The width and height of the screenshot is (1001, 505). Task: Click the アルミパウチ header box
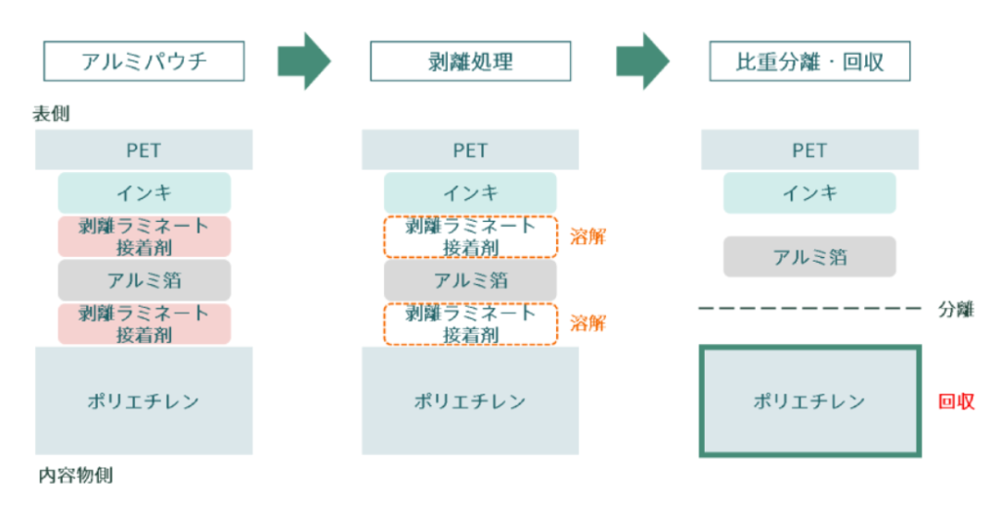point(144,63)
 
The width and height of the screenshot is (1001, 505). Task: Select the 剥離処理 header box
point(469,63)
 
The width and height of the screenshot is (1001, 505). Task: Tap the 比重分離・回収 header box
point(809,63)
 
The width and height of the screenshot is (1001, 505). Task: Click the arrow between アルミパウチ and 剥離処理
point(304,62)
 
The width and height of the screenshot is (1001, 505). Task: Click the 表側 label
point(51,114)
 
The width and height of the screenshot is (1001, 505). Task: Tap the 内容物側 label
point(75,477)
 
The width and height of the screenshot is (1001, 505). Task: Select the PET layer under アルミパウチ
point(144,150)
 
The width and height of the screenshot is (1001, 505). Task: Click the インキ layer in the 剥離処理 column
point(469,192)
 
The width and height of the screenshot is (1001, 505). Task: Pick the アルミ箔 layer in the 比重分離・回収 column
point(809,257)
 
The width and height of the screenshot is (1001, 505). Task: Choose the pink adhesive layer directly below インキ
point(144,236)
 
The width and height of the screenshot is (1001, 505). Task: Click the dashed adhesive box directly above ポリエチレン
point(469,324)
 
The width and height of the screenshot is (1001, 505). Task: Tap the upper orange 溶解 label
point(588,235)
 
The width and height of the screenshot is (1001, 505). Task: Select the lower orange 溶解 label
point(588,323)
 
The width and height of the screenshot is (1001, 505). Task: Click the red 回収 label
point(956,401)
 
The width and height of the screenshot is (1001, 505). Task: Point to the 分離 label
point(956,310)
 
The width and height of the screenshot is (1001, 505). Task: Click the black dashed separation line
point(809,309)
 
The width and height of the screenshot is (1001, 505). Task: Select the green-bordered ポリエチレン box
point(809,400)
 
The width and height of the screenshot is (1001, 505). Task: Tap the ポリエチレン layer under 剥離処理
point(469,400)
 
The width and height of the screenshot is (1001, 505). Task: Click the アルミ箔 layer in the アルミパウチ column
point(144,280)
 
